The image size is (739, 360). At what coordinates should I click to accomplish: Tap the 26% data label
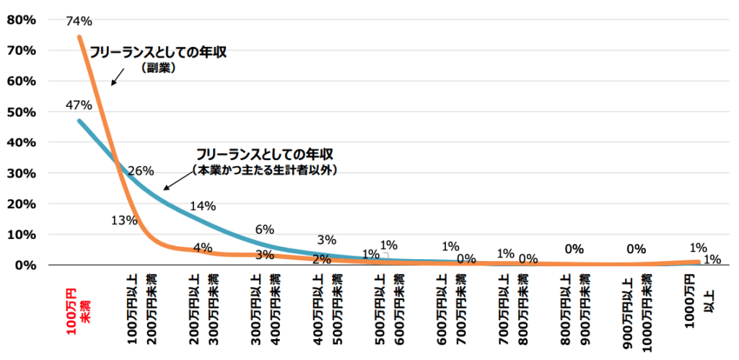point(141,172)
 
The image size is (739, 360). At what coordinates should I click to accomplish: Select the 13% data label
point(124,221)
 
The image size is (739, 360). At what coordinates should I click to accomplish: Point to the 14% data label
point(202,206)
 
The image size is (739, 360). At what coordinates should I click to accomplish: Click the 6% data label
point(265,229)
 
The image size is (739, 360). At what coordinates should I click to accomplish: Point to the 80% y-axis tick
point(21,19)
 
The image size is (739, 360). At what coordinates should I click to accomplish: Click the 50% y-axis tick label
point(21,112)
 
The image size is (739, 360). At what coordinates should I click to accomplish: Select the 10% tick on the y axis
point(21,234)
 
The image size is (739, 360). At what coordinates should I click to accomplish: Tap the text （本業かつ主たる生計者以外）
point(265,170)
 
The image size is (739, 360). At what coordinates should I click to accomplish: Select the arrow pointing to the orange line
point(116,79)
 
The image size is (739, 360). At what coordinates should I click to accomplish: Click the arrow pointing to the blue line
point(172,183)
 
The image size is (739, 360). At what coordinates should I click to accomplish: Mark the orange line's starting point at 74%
point(79,37)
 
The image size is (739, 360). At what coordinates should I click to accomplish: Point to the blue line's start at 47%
point(79,120)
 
